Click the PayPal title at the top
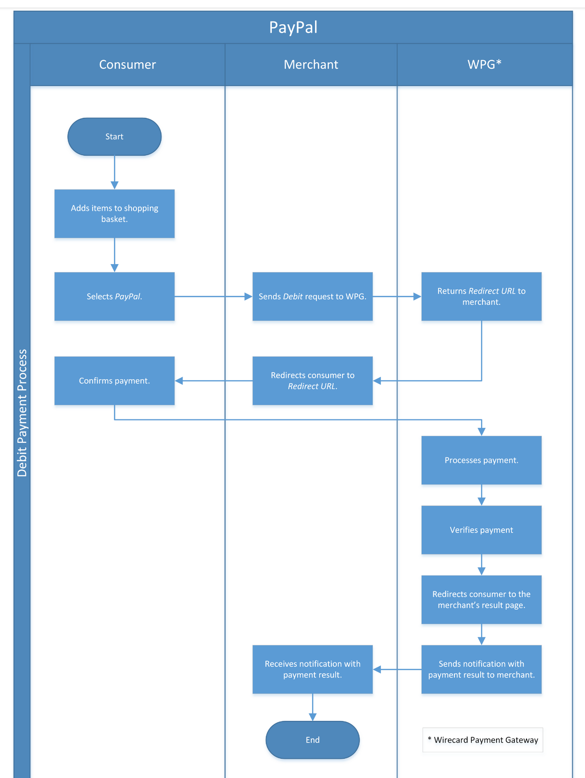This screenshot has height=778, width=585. pyautogui.click(x=293, y=27)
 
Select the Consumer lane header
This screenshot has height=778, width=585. pyautogui.click(x=127, y=65)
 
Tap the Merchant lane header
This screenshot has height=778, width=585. pyautogui.click(x=311, y=65)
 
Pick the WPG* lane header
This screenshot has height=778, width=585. pyautogui.click(x=484, y=65)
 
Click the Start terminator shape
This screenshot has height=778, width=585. pyautogui.click(x=115, y=137)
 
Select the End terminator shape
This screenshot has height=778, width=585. pyautogui.click(x=313, y=740)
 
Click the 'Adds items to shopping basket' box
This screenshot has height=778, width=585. pyautogui.click(x=115, y=214)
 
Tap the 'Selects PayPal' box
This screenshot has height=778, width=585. pyautogui.click(x=115, y=296)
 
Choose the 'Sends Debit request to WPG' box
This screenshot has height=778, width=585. pyautogui.click(x=313, y=296)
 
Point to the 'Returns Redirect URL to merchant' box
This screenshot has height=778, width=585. pyautogui.click(x=482, y=296)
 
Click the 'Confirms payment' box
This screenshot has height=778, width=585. pyautogui.click(x=115, y=381)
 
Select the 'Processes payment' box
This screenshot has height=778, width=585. pyautogui.click(x=482, y=460)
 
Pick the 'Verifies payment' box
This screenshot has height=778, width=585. pyautogui.click(x=482, y=530)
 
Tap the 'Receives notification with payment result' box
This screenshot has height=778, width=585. pyautogui.click(x=313, y=669)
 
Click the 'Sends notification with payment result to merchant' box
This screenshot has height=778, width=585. pyautogui.click(x=482, y=669)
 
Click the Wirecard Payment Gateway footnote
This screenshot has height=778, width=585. pyautogui.click(x=483, y=740)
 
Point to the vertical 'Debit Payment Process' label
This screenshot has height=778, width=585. pyautogui.click(x=22, y=412)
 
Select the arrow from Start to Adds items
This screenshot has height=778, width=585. pyautogui.click(x=115, y=172)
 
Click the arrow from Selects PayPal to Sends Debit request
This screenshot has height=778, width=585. pyautogui.click(x=213, y=296)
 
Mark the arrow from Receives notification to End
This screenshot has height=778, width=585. pyautogui.click(x=313, y=707)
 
